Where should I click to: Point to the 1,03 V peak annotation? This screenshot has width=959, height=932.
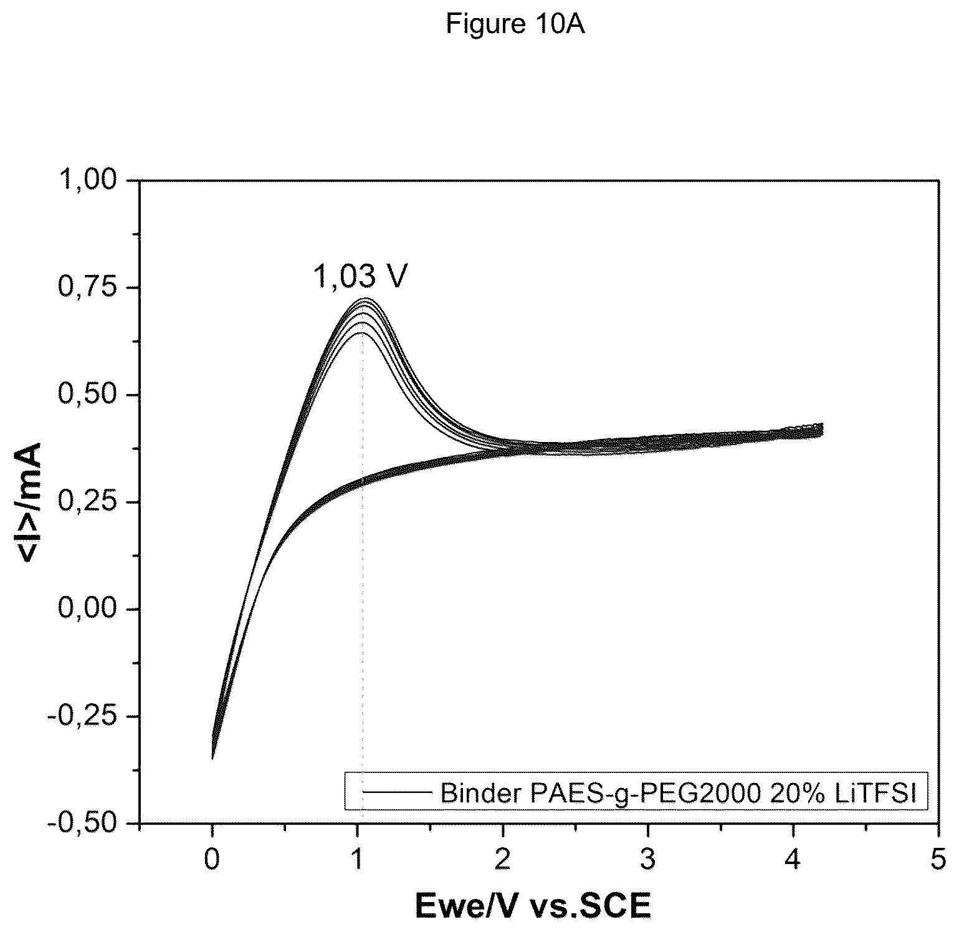pyautogui.click(x=360, y=276)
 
